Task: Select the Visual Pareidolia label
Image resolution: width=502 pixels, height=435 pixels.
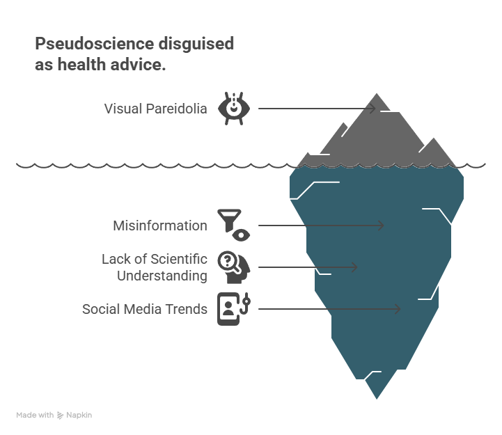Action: [x=155, y=109]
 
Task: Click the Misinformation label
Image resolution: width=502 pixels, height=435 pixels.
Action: [x=159, y=226]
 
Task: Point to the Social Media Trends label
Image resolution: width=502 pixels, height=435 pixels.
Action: [x=145, y=309]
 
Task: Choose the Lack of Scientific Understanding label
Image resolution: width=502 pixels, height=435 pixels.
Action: [x=155, y=267]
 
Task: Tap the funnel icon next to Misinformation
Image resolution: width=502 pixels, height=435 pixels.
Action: [x=226, y=220]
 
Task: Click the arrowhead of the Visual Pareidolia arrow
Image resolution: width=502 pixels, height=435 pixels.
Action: [x=372, y=109]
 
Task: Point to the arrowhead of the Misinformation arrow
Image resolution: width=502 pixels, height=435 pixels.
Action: [x=381, y=226]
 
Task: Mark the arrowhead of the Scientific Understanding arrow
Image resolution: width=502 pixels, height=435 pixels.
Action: [x=354, y=267]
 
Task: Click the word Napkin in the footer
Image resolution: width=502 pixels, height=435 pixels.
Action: [x=79, y=416]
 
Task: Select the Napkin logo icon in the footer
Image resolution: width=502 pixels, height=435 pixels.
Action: [x=61, y=416]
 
